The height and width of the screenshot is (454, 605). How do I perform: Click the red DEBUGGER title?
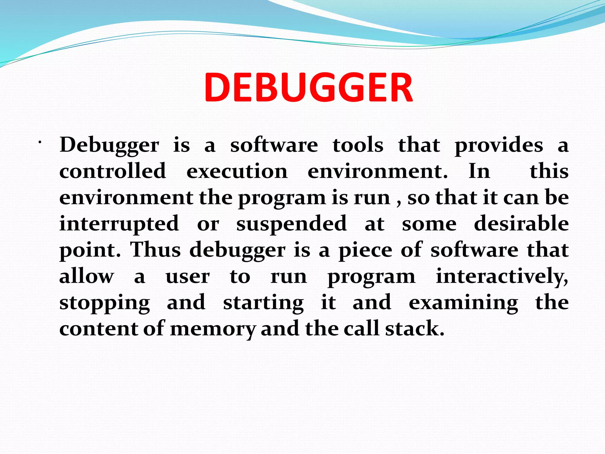308,88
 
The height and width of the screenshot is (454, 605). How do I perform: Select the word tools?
358,145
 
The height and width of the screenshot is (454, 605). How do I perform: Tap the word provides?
499,146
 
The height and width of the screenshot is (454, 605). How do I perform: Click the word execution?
237,171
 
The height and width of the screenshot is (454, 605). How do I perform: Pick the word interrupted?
119,224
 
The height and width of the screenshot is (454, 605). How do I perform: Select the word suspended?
291,224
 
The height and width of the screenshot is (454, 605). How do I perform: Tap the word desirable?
521,223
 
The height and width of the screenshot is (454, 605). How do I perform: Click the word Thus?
155,250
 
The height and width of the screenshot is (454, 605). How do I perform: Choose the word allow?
87,276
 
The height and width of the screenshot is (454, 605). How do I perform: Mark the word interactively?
502,276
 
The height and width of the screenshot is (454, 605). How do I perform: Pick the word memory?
213,329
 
